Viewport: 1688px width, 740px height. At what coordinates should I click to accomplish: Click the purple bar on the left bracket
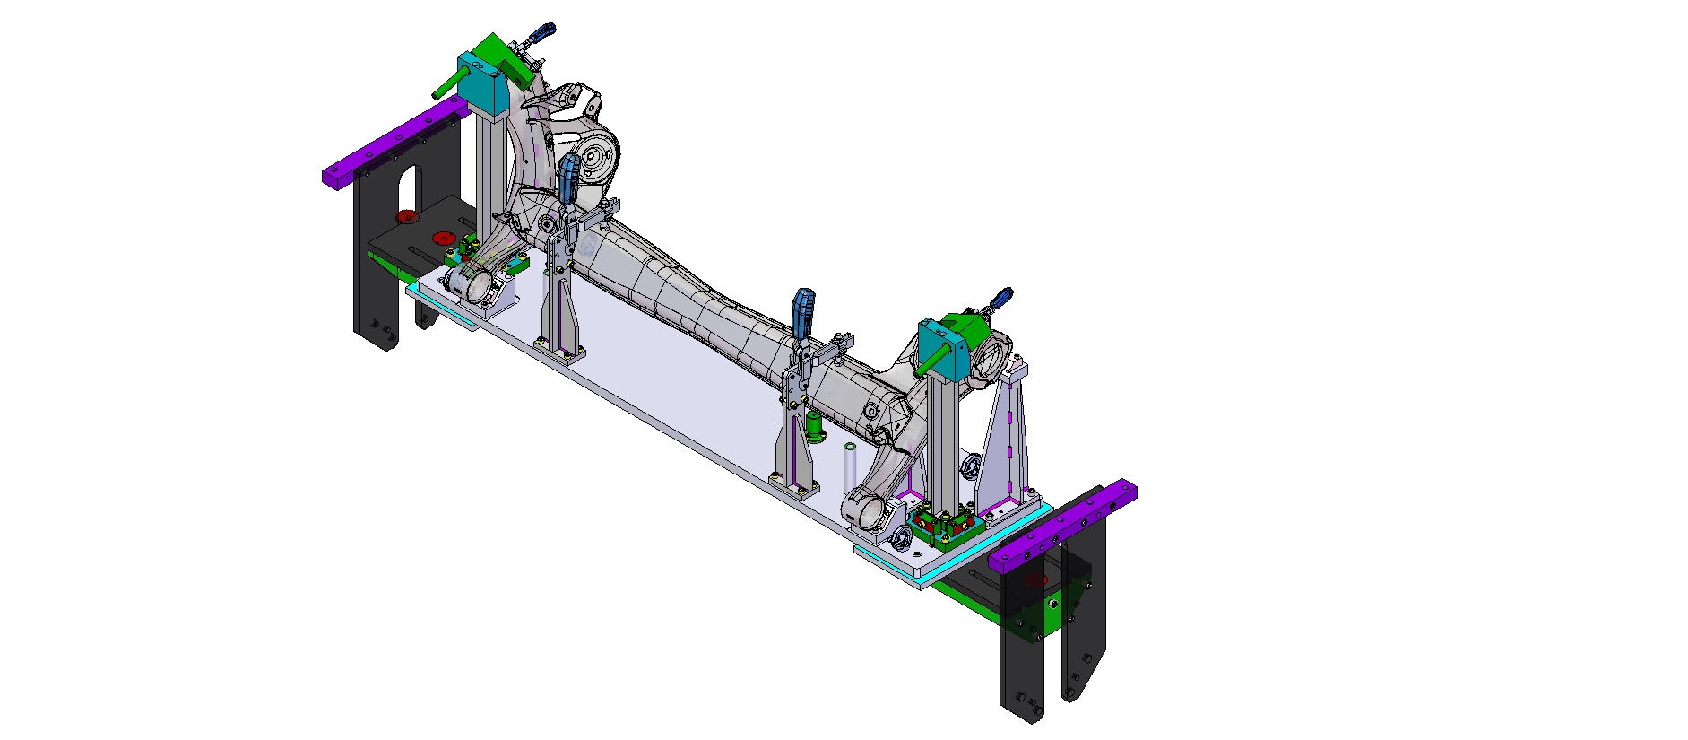(x=394, y=144)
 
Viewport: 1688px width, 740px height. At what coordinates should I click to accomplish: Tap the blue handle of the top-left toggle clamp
(x=541, y=34)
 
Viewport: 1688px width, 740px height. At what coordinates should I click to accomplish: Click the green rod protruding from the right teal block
(x=931, y=360)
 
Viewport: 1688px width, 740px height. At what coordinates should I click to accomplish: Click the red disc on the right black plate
(x=1036, y=580)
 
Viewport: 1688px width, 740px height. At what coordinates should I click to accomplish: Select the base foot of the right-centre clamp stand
(x=796, y=484)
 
